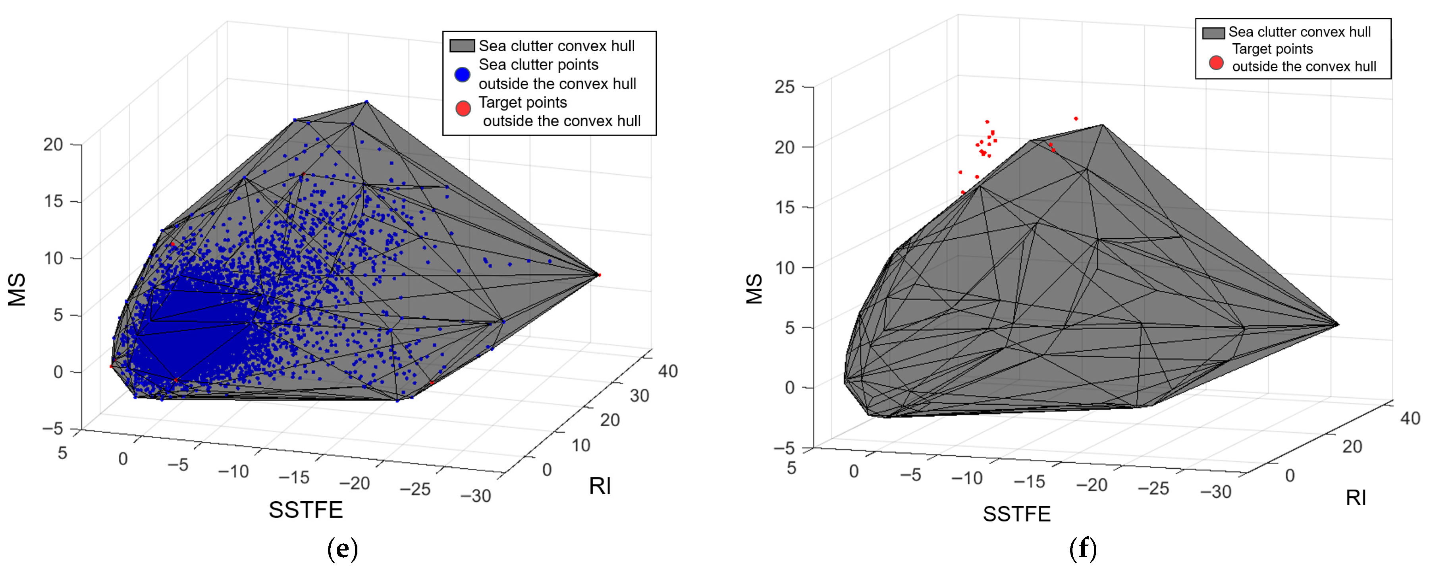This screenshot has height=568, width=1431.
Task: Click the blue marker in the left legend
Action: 462,74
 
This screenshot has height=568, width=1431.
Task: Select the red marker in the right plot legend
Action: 1216,63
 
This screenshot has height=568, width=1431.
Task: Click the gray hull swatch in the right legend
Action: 1213,33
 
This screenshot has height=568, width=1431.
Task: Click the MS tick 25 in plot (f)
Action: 784,87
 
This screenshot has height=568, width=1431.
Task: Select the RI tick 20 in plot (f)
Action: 1352,446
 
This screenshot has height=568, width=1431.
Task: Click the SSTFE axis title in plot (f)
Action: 1016,514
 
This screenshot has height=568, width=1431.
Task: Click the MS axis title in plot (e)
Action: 17,289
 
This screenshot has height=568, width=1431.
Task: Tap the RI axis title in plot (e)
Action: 600,486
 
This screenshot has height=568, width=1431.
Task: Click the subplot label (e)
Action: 342,549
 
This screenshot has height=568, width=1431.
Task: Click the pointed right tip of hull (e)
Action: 599,274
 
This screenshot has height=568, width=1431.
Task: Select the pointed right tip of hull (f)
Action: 1338,324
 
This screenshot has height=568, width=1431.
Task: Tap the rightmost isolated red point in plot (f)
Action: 1076,119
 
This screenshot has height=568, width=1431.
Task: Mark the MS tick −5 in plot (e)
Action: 52,429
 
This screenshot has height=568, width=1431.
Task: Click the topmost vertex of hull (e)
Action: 366,102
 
